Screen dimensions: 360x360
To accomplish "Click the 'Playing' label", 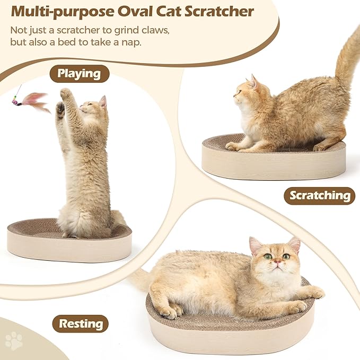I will (80, 74).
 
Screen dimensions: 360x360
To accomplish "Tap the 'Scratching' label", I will (320, 195).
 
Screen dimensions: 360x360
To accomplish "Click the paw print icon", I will (14, 341).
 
